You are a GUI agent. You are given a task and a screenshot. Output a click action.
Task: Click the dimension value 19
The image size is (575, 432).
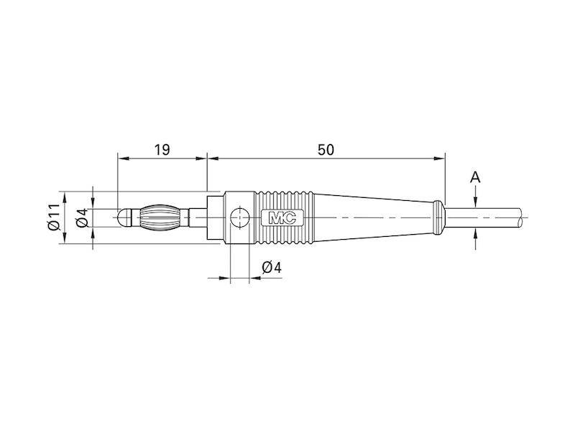(162, 150)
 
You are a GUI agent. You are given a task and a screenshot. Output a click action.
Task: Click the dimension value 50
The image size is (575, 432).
(326, 150)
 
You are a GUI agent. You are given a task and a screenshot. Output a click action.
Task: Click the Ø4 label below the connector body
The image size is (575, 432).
(272, 268)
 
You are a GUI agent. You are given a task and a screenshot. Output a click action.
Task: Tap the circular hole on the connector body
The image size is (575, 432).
(239, 217)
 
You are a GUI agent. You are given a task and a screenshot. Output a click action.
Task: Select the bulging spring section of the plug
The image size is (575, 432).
(157, 217)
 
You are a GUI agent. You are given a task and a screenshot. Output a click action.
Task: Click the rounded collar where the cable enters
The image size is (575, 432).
(438, 217)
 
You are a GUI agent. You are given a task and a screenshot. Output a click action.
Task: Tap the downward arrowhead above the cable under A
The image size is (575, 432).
(475, 202)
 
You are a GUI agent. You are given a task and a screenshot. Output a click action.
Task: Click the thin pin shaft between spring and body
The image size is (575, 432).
(190, 217)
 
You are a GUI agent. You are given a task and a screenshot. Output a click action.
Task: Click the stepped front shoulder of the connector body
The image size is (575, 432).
(215, 217)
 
